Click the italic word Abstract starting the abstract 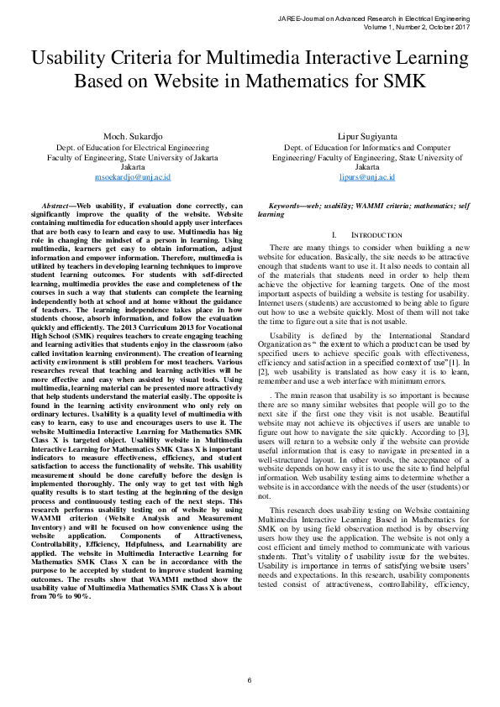56,206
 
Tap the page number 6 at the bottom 250,679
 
